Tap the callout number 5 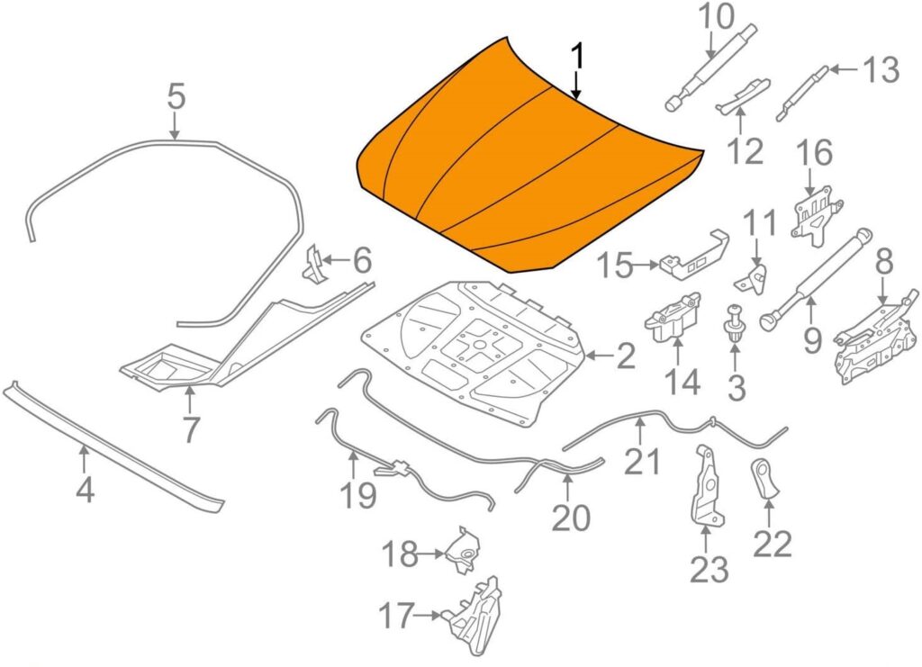(176, 96)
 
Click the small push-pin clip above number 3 (733, 324)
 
